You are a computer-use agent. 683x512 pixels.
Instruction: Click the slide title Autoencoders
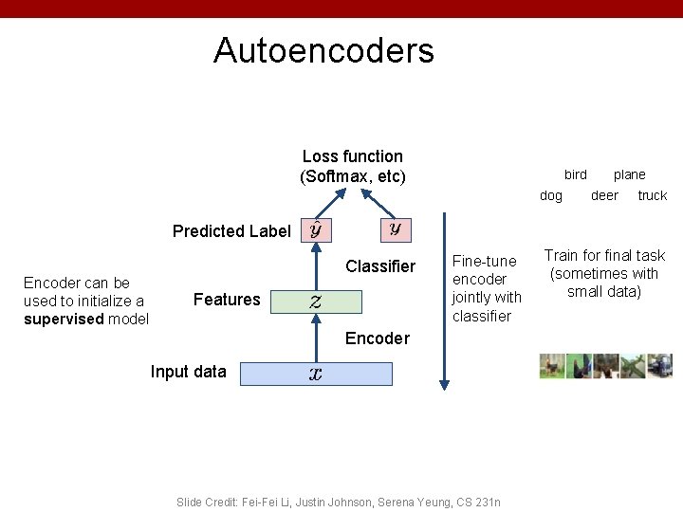[x=323, y=50]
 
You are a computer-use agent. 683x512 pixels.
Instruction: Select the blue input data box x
[x=315, y=374]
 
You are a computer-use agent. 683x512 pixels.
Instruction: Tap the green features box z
[x=315, y=302]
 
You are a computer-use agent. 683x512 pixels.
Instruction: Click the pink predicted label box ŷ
[x=315, y=229]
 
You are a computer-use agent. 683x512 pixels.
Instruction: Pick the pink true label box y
[x=395, y=229]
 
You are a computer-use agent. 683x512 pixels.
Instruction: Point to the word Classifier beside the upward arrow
[x=380, y=266]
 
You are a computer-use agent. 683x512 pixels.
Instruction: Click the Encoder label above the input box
[x=378, y=338]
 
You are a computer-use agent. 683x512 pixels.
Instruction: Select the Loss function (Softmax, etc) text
[x=352, y=166]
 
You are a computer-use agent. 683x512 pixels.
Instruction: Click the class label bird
[x=575, y=174]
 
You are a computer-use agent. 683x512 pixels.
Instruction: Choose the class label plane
[x=629, y=174]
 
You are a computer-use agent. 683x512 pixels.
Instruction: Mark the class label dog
[x=550, y=195]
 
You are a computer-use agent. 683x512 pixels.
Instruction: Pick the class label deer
[x=604, y=195]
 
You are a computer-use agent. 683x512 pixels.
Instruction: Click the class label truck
[x=652, y=195]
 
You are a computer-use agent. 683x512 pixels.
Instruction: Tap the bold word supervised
[x=64, y=319]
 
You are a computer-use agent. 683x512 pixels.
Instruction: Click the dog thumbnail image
[x=552, y=367]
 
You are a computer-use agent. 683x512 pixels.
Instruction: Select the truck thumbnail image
[x=660, y=367]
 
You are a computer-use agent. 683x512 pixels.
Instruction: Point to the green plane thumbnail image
[x=633, y=367]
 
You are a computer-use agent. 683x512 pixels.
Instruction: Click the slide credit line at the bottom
[x=339, y=502]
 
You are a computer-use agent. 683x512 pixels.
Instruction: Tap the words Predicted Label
[x=231, y=231]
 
